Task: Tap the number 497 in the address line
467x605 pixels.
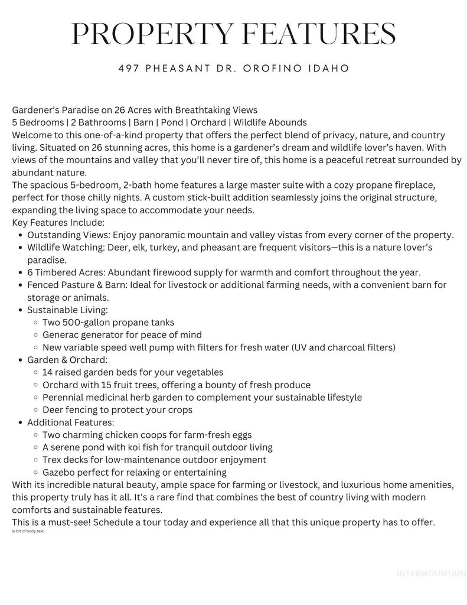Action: (129, 69)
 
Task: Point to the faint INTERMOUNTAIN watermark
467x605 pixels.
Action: (432, 573)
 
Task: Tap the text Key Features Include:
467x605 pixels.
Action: (58, 222)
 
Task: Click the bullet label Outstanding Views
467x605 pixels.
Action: (64, 235)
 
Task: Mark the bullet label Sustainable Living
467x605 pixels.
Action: (67, 310)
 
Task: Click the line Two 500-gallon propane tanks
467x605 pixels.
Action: (108, 322)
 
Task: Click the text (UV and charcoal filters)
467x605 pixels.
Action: (343, 347)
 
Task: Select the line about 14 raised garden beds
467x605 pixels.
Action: (133, 372)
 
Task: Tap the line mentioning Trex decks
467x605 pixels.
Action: (154, 459)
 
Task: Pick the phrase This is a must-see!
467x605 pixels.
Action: (51, 523)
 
